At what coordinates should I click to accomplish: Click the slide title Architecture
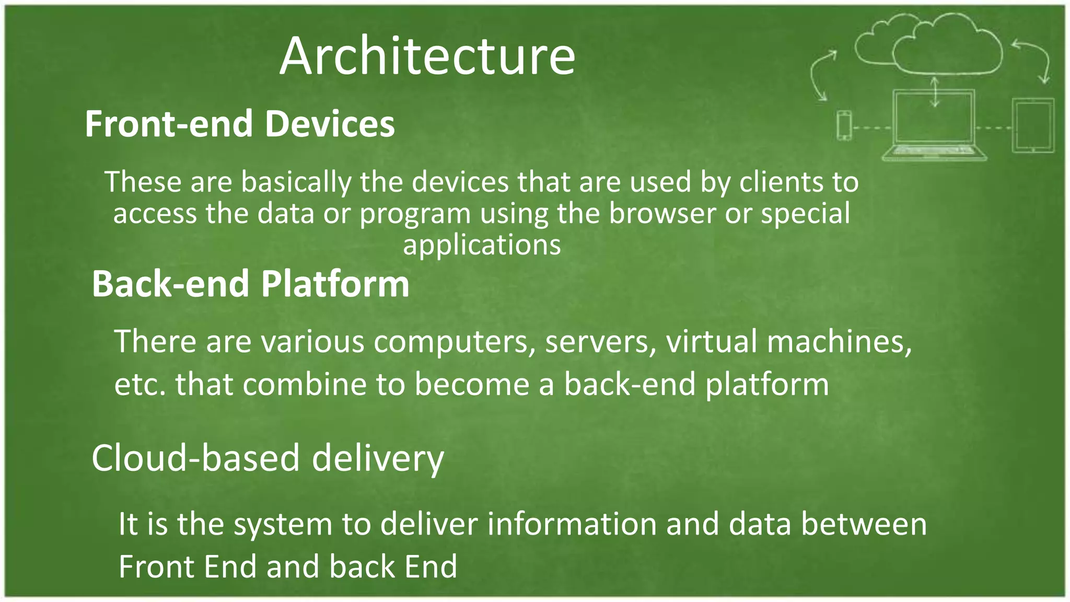click(x=427, y=56)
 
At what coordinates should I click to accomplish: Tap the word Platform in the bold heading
click(x=335, y=284)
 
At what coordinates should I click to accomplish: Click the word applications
click(x=482, y=245)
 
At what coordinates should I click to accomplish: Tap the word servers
click(x=601, y=342)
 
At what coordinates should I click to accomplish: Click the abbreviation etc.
click(x=139, y=385)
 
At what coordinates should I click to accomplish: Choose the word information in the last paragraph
click(x=572, y=524)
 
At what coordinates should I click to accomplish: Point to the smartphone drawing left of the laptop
click(x=844, y=125)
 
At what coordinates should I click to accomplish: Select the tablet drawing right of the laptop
click(x=1033, y=125)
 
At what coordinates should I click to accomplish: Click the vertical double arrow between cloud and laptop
click(x=935, y=92)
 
